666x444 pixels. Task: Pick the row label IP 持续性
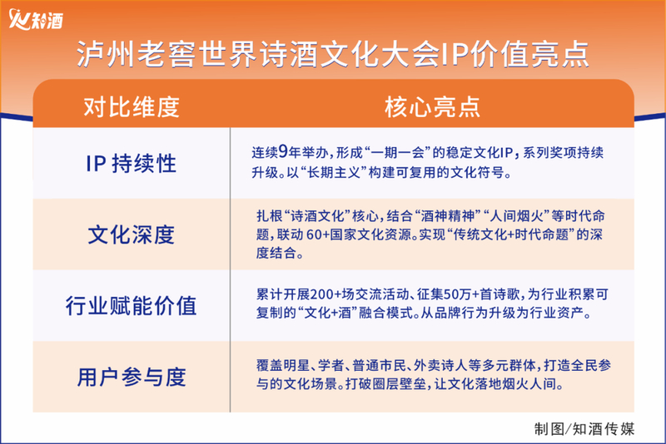pos(132,163)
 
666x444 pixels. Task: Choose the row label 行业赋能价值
pos(132,305)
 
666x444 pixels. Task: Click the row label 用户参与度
pos(132,377)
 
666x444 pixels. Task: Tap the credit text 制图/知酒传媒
pos(584,429)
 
